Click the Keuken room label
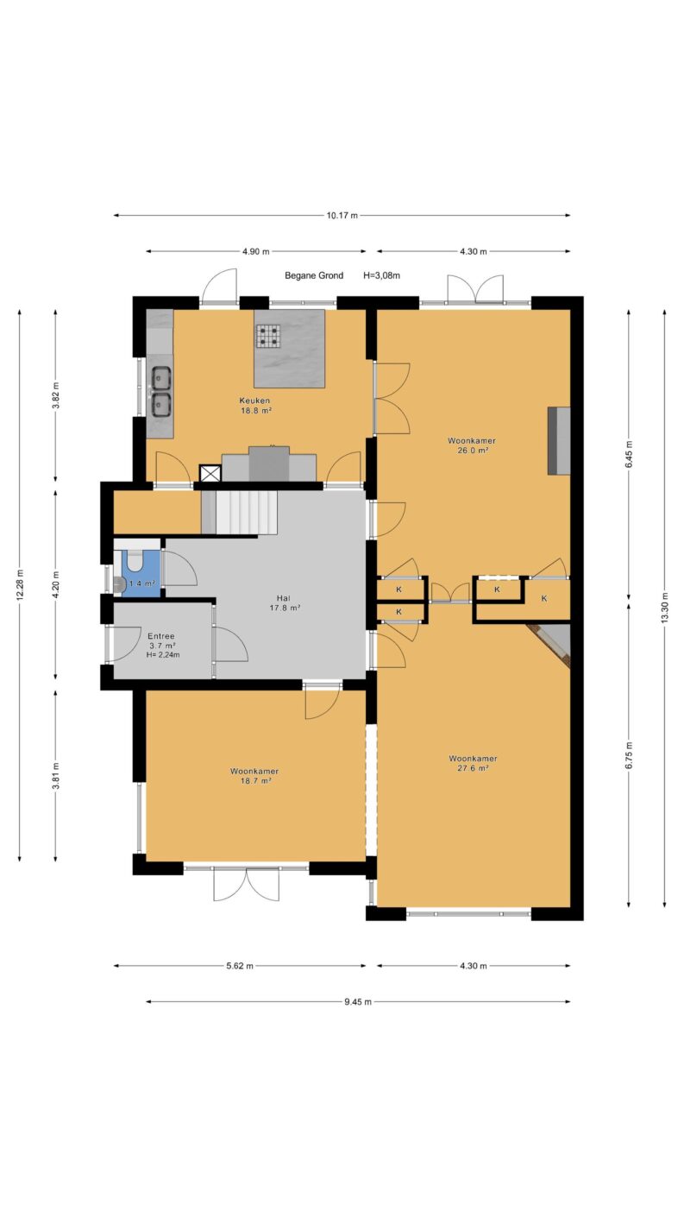click(254, 401)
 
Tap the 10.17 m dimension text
click(342, 215)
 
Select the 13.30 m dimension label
click(664, 608)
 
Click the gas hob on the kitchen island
click(269, 335)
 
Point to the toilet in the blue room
click(133, 560)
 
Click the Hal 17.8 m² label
click(285, 603)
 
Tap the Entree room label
click(161, 636)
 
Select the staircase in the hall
click(240, 513)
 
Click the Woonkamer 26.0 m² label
click(471, 445)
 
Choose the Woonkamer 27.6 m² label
click(473, 763)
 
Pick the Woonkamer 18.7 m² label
click(254, 776)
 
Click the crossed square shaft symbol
click(210, 473)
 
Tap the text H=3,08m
click(381, 275)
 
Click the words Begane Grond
click(314, 275)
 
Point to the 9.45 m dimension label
click(358, 1002)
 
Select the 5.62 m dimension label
click(240, 966)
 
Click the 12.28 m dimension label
click(20, 584)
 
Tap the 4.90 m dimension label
click(255, 251)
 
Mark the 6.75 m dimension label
click(629, 755)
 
